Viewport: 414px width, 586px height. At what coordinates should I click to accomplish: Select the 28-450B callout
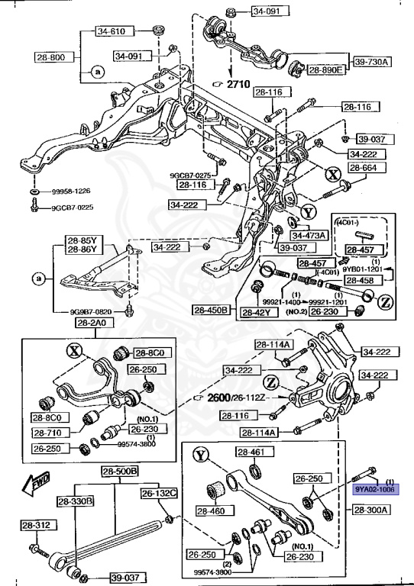[x=212, y=311]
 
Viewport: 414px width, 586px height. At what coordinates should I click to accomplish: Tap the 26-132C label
[x=158, y=494]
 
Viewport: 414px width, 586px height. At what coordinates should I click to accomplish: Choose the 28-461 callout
[x=253, y=452]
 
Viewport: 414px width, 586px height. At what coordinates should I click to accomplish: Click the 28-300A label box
[x=372, y=508]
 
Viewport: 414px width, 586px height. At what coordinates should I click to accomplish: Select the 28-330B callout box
[x=75, y=501]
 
